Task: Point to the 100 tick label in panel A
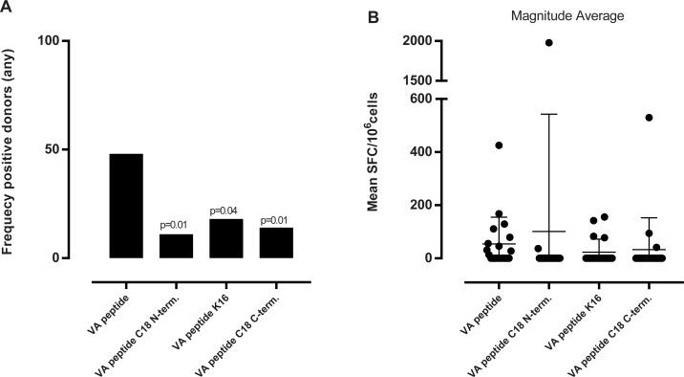[50, 41]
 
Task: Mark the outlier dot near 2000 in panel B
[548, 43]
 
